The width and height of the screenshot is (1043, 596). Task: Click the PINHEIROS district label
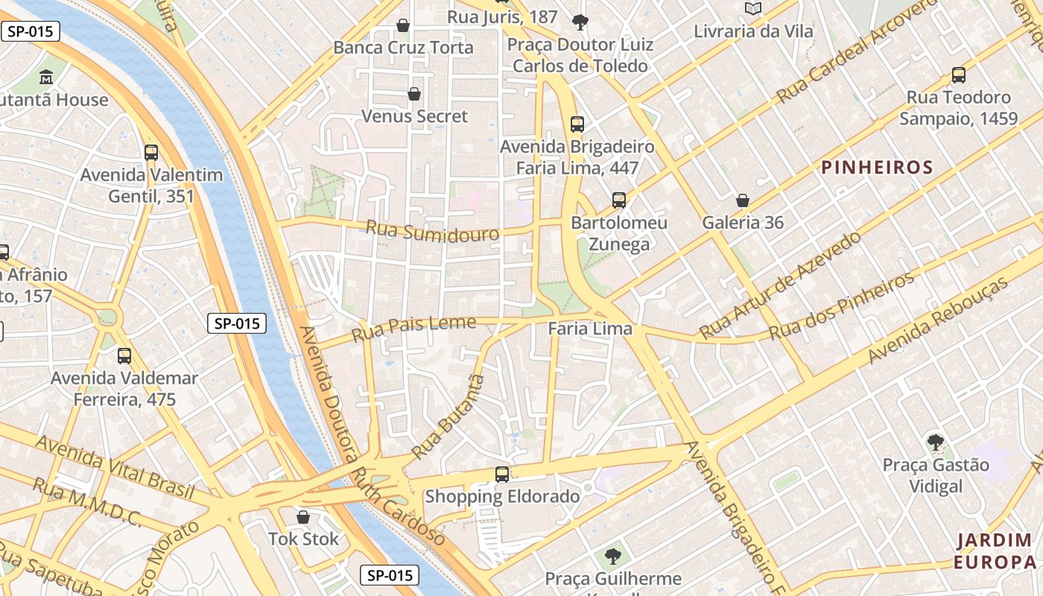[877, 168]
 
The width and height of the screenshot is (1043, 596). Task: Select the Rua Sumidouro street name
[433, 232]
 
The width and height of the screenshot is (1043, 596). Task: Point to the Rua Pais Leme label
[413, 329]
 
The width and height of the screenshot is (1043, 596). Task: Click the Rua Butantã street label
[448, 417]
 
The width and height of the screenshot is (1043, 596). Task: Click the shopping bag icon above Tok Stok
[303, 517]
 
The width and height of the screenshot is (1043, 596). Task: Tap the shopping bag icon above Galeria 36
[743, 200]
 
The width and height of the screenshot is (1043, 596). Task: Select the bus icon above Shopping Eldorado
[502, 474]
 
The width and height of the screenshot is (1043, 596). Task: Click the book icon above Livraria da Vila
[753, 8]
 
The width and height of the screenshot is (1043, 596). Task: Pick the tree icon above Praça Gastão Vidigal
[935, 443]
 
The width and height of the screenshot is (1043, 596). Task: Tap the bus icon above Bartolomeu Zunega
[619, 200]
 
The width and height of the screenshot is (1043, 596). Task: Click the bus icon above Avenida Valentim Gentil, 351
[151, 153]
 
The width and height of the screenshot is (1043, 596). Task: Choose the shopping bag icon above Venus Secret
[414, 94]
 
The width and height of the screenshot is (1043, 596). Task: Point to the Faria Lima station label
[590, 329]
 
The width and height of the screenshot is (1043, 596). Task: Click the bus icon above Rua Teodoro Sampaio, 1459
[959, 75]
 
